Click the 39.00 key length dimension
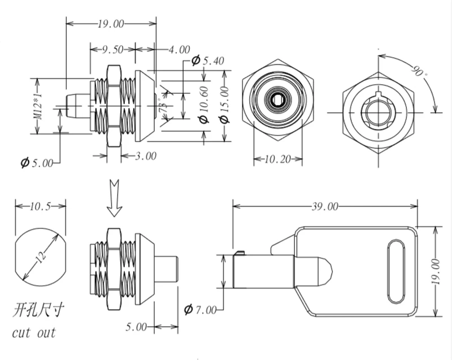pos(325,206)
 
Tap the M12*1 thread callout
pos(38,106)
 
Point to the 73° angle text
pos(164,106)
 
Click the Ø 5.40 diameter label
pos(207,60)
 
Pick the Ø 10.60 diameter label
pos(204,105)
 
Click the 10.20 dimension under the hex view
pos(278,159)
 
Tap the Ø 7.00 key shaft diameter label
pos(200,310)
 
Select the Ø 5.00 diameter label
pos(37,163)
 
